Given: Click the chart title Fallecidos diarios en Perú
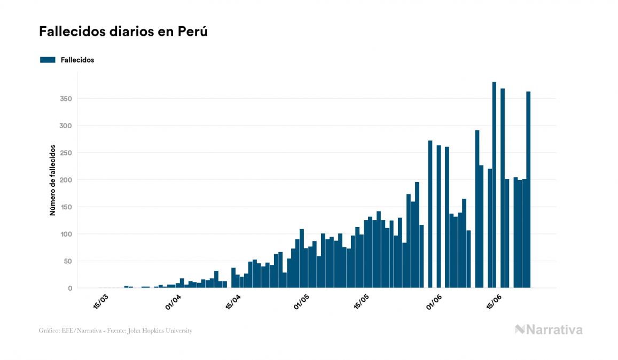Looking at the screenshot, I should [123, 32].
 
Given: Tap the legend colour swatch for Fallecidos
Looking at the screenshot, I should [48, 60].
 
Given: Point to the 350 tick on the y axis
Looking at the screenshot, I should [67, 99].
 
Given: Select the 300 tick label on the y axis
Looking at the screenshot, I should [67, 126].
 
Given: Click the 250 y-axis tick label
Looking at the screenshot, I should [67, 153].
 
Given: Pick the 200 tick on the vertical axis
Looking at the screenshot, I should [67, 180].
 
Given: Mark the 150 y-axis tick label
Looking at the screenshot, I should [67, 207].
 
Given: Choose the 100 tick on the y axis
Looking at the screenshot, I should [67, 234].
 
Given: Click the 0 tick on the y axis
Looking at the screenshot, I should [70, 288].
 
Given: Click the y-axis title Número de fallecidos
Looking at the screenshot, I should [53, 180].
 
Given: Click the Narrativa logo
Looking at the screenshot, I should [549, 330].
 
